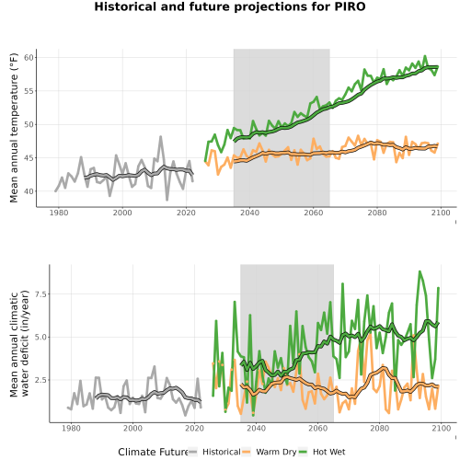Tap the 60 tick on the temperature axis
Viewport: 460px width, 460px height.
click(29, 57)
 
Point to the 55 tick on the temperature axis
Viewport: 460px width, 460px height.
click(29, 91)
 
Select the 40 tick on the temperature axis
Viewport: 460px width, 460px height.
click(29, 191)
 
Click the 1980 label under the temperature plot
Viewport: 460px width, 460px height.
click(59, 213)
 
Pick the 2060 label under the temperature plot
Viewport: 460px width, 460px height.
click(314, 213)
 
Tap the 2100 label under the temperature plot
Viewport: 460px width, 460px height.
click(441, 213)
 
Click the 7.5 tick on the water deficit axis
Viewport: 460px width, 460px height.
click(40, 294)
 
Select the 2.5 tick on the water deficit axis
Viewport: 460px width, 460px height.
click(40, 380)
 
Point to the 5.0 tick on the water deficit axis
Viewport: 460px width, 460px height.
click(40, 337)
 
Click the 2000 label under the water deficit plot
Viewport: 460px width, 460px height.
click(132, 428)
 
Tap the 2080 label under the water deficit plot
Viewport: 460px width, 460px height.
click(380, 428)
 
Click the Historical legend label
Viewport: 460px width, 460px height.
click(222, 452)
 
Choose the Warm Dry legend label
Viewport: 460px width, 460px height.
click(276, 453)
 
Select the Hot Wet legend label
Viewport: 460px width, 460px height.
click(328, 452)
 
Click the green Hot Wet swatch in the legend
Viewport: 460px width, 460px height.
click(303, 452)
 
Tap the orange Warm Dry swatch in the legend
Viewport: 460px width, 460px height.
click(247, 452)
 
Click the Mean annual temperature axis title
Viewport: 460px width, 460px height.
click(14, 128)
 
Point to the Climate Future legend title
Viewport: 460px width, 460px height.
click(153, 452)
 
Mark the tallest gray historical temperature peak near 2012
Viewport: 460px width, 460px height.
click(160, 137)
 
